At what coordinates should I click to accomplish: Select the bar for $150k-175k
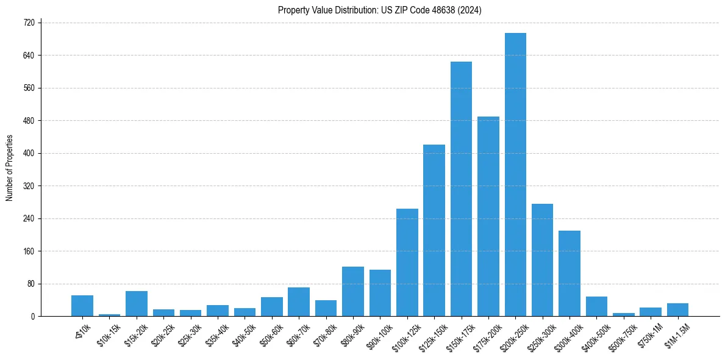(x=461, y=189)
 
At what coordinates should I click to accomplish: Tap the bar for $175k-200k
(x=488, y=217)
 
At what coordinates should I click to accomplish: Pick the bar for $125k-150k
(x=434, y=231)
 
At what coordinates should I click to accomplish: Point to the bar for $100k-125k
(x=407, y=262)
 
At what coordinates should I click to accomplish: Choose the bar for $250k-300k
(x=542, y=260)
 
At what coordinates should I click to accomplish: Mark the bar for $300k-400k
(x=570, y=273)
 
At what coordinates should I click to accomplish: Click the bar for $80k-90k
(x=353, y=292)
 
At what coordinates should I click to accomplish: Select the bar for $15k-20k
(x=137, y=304)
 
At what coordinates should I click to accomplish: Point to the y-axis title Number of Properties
(x=10, y=168)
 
